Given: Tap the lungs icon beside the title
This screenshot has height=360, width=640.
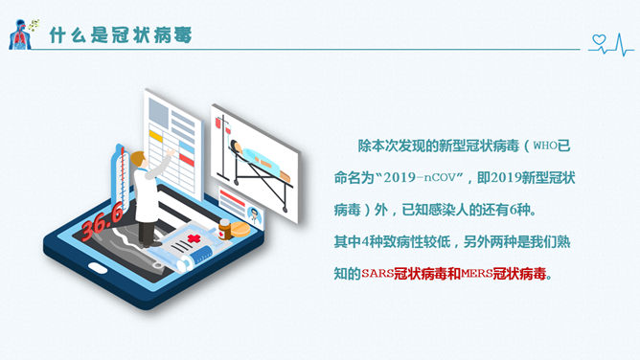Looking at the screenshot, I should pyautogui.click(x=18, y=34).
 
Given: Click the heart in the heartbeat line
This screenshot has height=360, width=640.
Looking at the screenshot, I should pyautogui.click(x=601, y=40).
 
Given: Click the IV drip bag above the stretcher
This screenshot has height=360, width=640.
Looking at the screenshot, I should pyautogui.click(x=221, y=124).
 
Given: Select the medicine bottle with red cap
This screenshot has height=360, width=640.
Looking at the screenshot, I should pyautogui.click(x=224, y=230).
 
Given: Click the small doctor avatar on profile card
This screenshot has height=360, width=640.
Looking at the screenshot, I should pyautogui.click(x=255, y=214).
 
